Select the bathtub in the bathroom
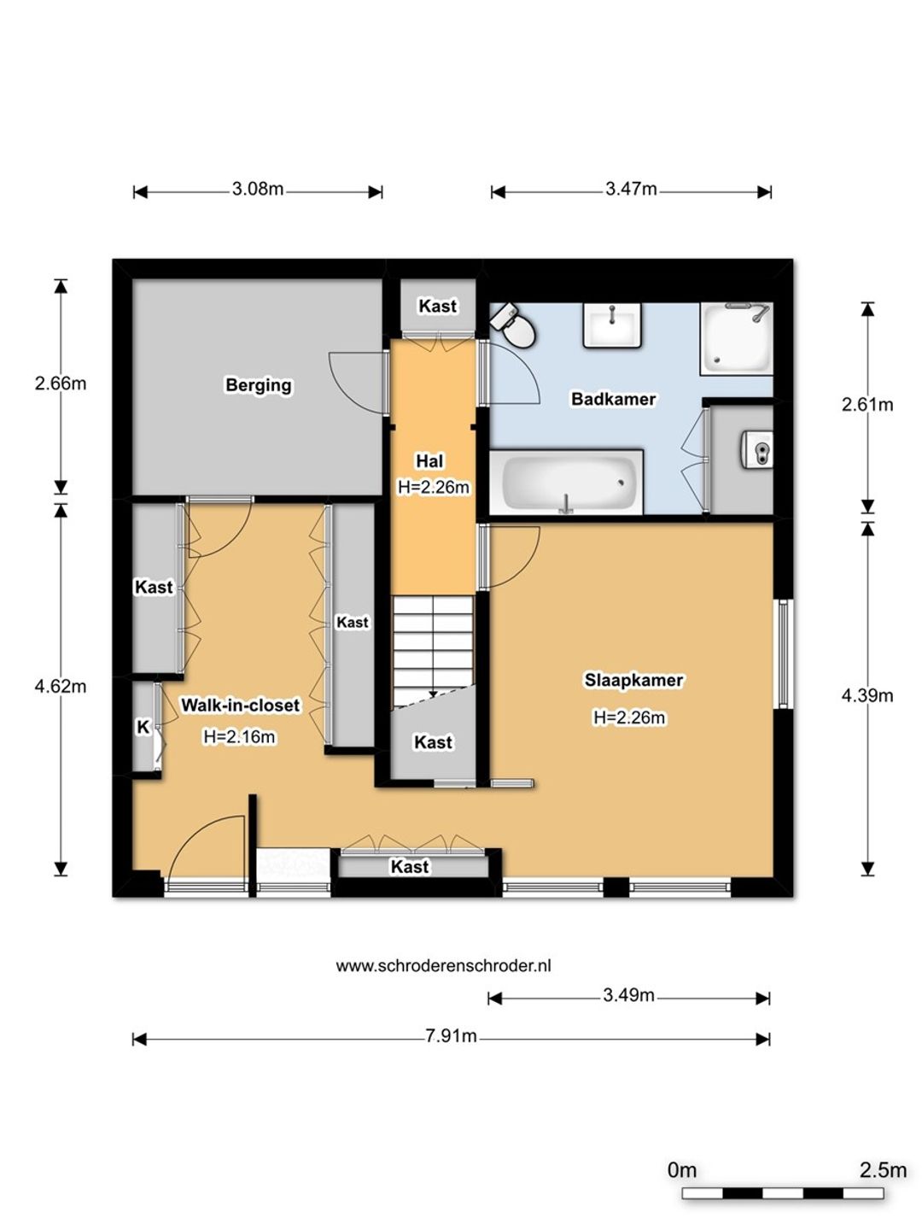pos(566,482)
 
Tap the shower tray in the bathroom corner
pos(736,338)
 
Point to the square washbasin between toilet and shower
pos(612,325)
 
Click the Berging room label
pos(258,385)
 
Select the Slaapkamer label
pos(633,680)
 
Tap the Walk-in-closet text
pos(240,705)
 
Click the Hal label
pos(429,461)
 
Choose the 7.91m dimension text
pos(451,1035)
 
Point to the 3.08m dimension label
pos(258,189)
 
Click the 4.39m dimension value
pos(867,695)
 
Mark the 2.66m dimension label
pos(61,384)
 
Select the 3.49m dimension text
pos(628,994)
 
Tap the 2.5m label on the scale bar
pos(883,1169)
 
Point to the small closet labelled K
pos(143,727)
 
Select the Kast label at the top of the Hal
pos(438,306)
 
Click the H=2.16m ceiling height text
pos(239,736)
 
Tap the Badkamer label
pos(613,399)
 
